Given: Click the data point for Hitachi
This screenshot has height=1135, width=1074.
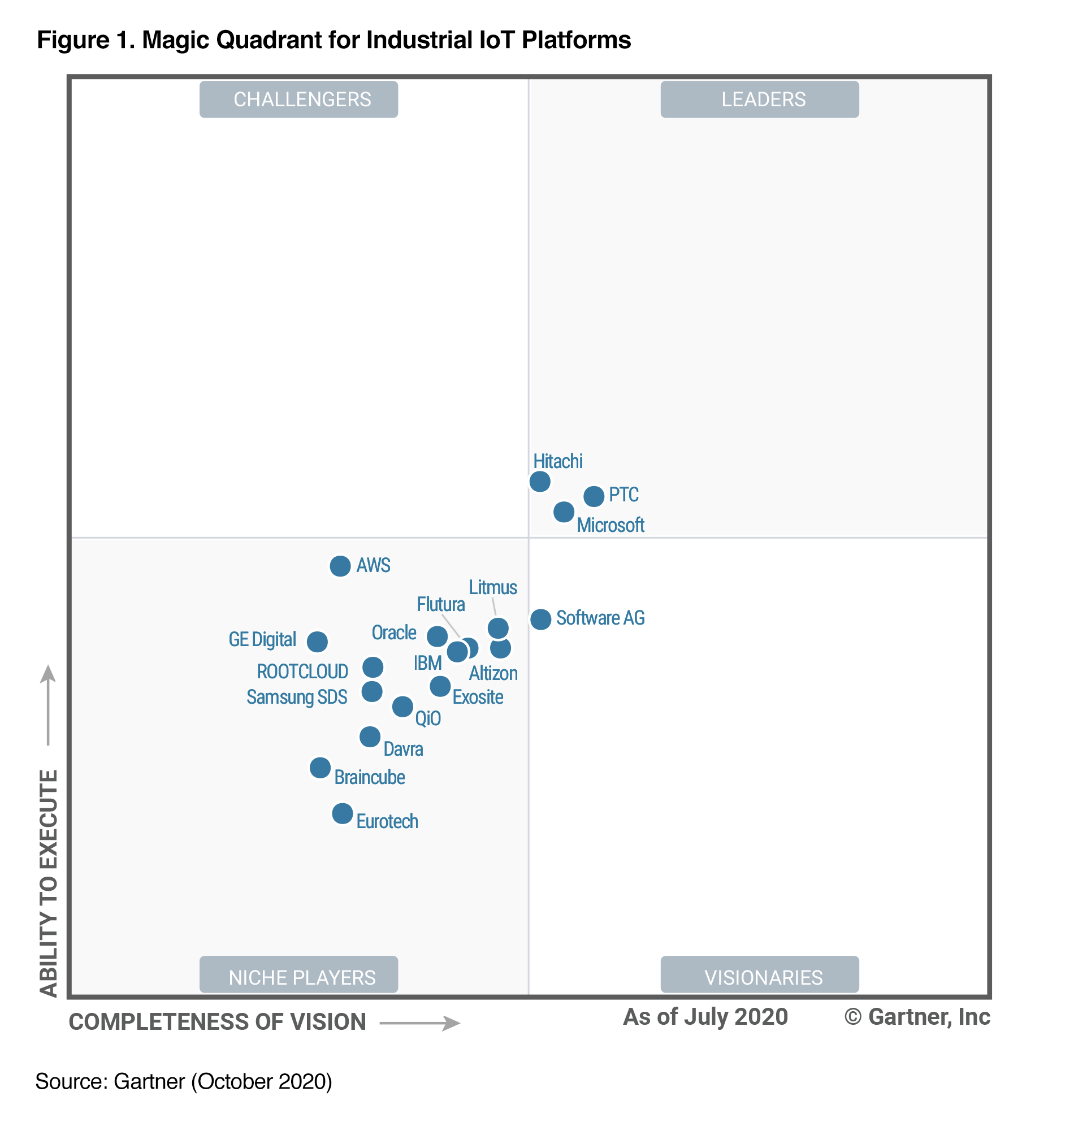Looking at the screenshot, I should coord(540,482).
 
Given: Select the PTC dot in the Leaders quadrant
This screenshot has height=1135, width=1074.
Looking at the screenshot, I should coord(594,496).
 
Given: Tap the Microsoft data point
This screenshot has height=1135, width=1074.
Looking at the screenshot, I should coord(564,512).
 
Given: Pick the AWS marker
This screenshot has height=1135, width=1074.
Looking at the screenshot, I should coord(340,566).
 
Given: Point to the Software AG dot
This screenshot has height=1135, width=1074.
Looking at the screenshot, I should coord(540,619).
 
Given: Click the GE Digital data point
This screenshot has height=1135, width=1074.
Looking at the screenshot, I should coord(317,642).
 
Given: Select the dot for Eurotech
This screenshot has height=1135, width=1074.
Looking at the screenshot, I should coord(343,813).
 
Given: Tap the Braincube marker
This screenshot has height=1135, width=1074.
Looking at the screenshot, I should coord(320,768).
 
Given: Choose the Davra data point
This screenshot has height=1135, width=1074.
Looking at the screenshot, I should coord(370,737).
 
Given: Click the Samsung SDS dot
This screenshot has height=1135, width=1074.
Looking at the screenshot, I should coord(372,691).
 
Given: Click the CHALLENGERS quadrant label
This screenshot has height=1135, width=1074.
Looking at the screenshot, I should coord(299,99).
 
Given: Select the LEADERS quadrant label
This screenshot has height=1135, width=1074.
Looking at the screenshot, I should coord(759,99).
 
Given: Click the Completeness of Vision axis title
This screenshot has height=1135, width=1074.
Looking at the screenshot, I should coord(218,1023).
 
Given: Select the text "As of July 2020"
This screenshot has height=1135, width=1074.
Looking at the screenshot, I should coord(705,1017).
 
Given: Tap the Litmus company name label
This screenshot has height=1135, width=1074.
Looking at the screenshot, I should coord(493,587).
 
